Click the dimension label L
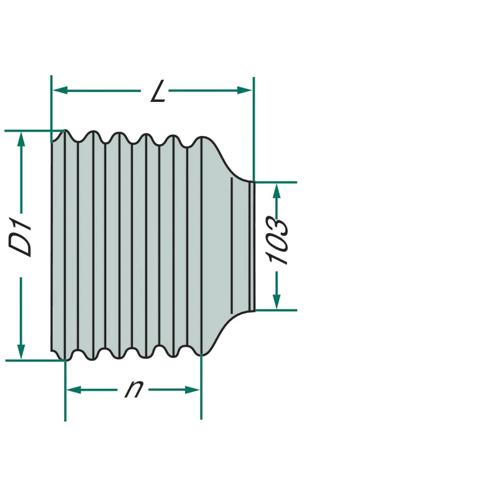tap(158, 91)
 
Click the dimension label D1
tap(20, 237)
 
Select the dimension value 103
tap(278, 240)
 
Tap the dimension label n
tap(134, 389)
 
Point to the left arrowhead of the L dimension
tap(60, 91)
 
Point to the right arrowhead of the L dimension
tap(244, 91)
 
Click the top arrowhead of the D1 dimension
tap(21, 139)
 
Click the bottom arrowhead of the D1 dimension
tap(21, 352)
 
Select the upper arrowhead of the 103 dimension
tap(276, 191)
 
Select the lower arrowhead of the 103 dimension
tap(276, 301)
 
